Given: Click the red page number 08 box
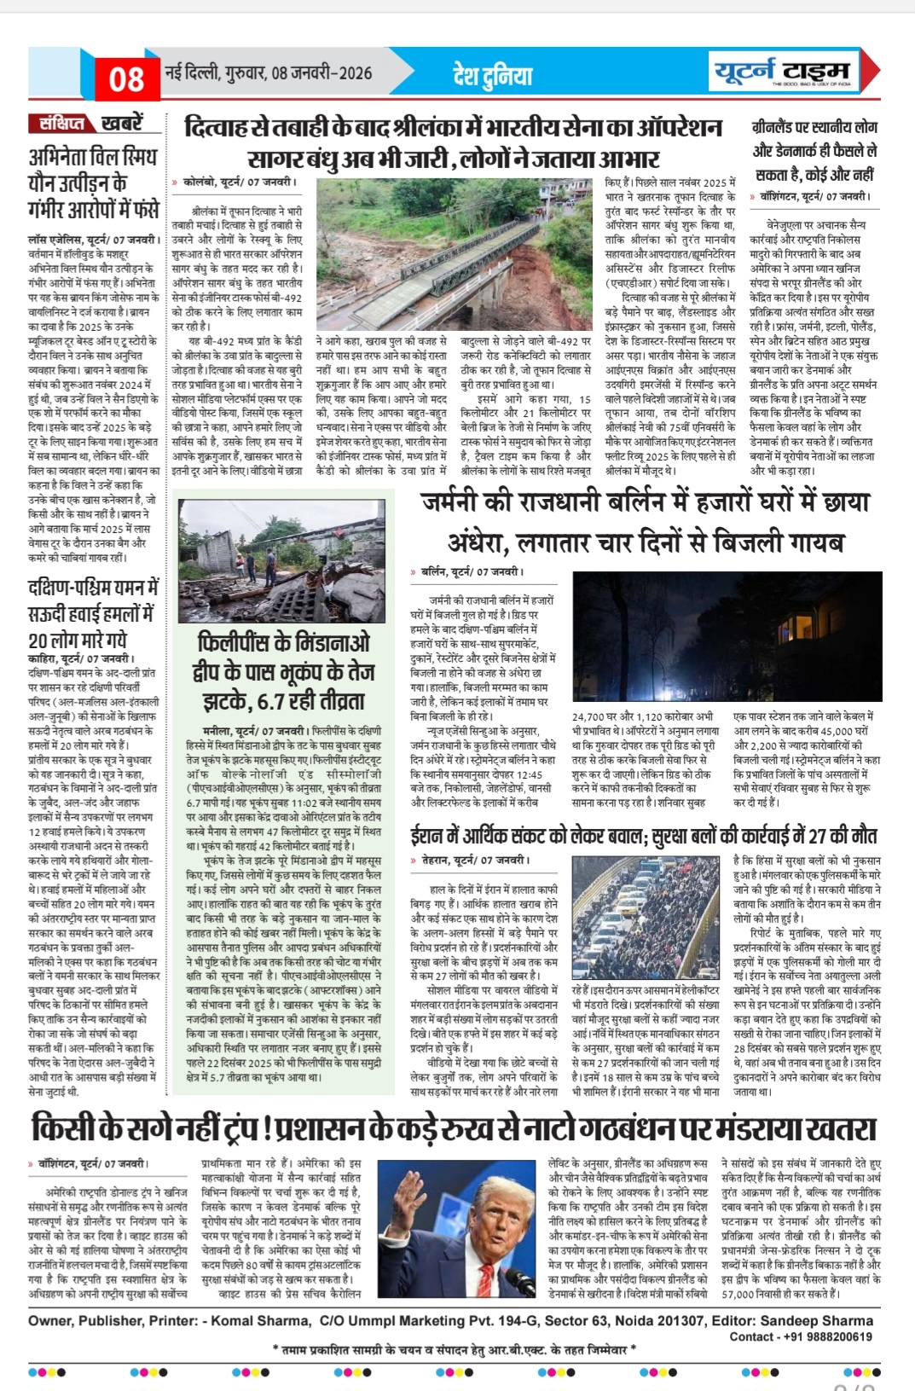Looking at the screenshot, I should (x=126, y=79).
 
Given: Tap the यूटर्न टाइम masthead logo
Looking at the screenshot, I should (x=784, y=71).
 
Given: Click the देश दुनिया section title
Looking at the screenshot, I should (x=492, y=76).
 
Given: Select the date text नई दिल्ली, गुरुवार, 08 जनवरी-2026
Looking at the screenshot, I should (x=269, y=72).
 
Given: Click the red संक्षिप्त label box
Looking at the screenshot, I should (x=62, y=124).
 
